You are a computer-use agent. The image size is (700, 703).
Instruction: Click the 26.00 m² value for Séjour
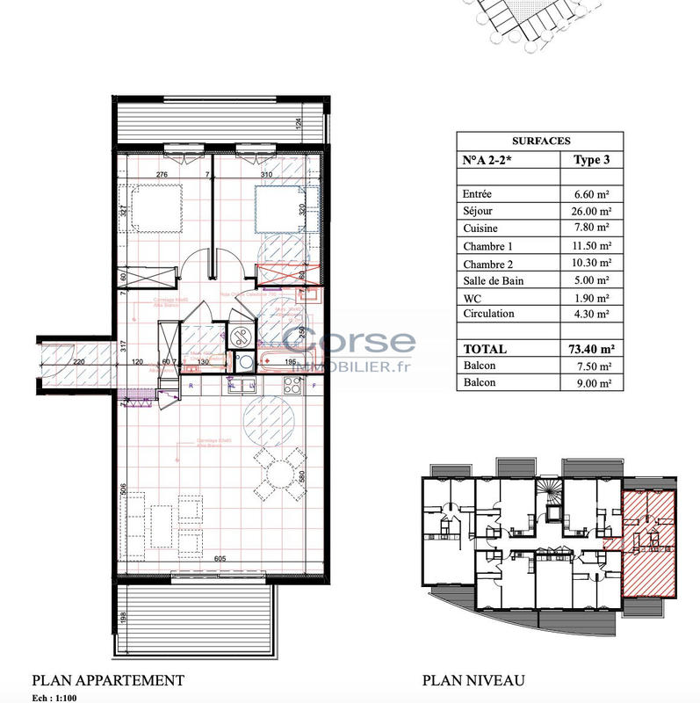click(x=591, y=211)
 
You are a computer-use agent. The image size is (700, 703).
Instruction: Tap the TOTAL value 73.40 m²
click(x=591, y=349)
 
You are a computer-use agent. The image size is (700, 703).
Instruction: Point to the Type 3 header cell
click(x=591, y=161)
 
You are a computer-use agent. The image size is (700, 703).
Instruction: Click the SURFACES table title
click(x=540, y=141)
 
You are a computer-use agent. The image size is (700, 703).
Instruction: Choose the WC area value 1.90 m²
click(x=593, y=297)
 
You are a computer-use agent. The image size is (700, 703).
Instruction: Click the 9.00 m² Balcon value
click(x=593, y=383)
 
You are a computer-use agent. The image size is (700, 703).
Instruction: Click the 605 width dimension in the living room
click(x=220, y=559)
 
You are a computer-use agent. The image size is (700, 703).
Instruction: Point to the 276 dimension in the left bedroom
click(x=162, y=175)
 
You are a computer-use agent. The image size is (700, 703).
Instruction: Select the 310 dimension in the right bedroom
click(x=268, y=175)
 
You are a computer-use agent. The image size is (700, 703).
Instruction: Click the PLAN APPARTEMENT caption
click(x=108, y=680)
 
